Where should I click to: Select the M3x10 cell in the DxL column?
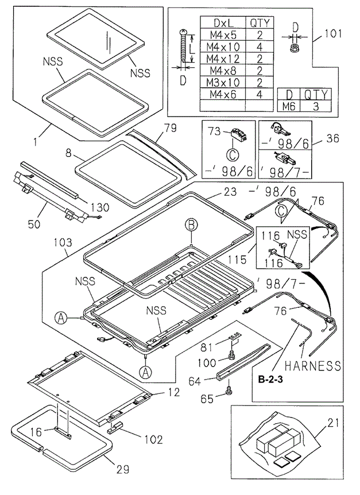[222, 82]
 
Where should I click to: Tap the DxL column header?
[222, 23]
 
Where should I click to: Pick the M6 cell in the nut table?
[289, 106]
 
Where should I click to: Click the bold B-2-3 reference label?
[271, 380]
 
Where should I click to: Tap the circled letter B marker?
[191, 225]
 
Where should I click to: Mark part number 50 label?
[33, 223]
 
